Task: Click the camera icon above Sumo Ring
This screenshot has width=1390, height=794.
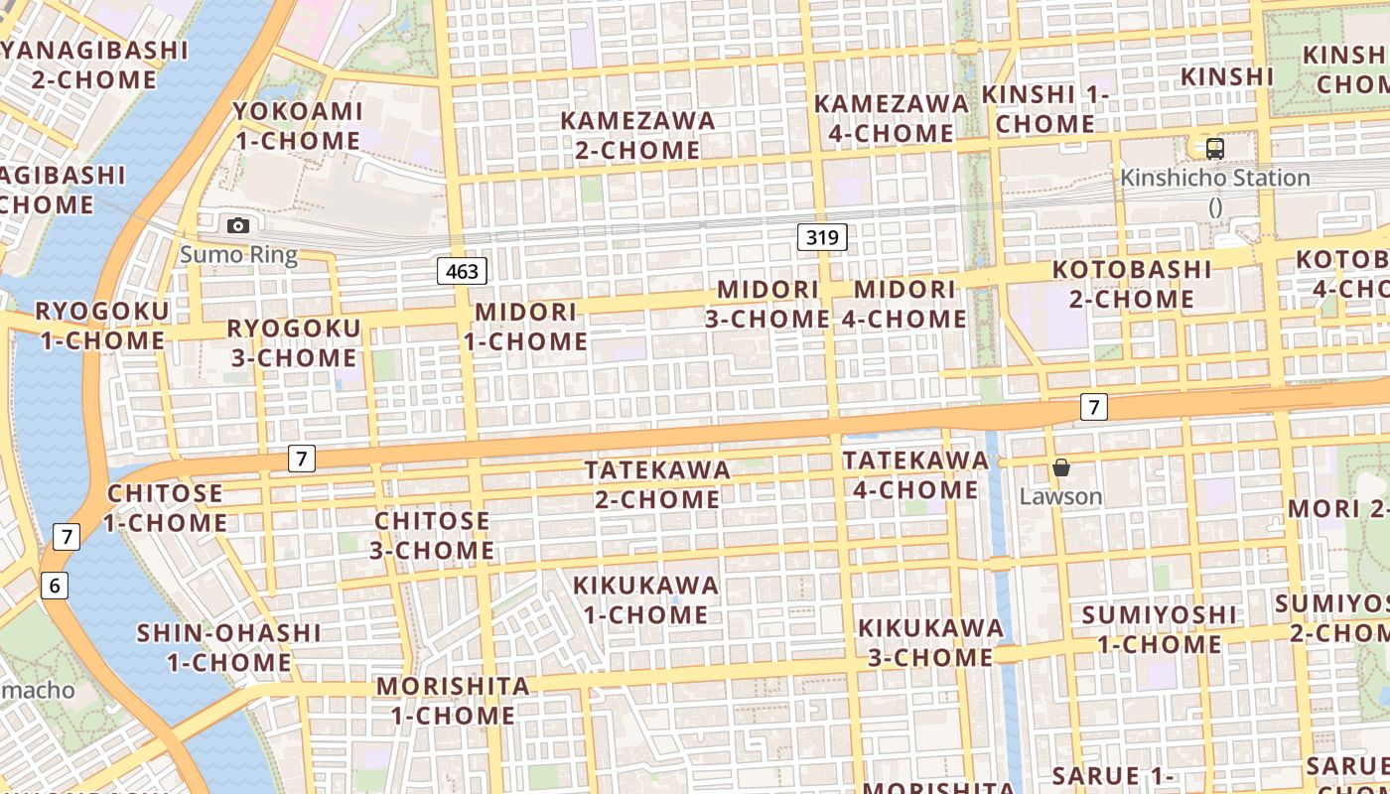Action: click(x=238, y=225)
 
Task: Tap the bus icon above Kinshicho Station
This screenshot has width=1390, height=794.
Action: click(x=1214, y=149)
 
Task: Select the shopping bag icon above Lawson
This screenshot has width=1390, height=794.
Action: click(x=1061, y=466)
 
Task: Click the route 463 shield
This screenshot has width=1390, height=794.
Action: click(x=462, y=271)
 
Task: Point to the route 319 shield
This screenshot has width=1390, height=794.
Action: click(x=822, y=237)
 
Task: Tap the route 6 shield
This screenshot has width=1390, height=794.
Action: click(x=55, y=586)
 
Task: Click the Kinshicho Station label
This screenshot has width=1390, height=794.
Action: click(x=1215, y=179)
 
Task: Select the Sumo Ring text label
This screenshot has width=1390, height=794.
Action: click(x=238, y=255)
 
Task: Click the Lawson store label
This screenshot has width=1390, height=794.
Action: click(x=1061, y=496)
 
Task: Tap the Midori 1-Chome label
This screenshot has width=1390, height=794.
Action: click(x=526, y=327)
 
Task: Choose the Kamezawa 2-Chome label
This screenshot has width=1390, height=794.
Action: click(x=637, y=135)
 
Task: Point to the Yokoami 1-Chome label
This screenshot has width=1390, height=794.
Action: click(x=297, y=126)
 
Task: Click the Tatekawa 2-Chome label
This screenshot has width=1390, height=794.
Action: click(x=657, y=484)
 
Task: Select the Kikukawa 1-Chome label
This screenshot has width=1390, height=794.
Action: click(x=646, y=599)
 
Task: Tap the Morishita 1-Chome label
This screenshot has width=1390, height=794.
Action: click(x=453, y=701)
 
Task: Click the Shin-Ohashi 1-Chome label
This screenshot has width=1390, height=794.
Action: click(x=228, y=647)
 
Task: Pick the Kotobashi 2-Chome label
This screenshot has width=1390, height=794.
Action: click(x=1132, y=284)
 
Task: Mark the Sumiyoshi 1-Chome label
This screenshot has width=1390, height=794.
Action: click(x=1159, y=629)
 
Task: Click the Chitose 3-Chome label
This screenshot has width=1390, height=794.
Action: click(x=432, y=535)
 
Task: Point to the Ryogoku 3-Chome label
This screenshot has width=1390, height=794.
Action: click(x=294, y=342)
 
